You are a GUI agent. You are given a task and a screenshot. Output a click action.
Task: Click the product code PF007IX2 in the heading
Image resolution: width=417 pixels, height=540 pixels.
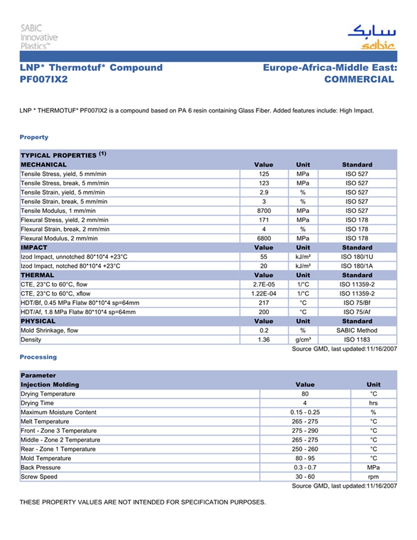(x=43, y=79)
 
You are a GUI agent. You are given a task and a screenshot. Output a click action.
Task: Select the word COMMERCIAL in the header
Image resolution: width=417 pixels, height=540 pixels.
(x=359, y=79)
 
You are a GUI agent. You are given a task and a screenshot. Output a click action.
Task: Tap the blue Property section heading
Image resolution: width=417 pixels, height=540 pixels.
(x=34, y=137)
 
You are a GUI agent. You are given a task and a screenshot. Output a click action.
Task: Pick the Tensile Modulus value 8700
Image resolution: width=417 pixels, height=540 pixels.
(x=263, y=211)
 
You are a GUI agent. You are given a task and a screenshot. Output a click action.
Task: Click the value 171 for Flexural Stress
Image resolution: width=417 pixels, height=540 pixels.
(x=263, y=220)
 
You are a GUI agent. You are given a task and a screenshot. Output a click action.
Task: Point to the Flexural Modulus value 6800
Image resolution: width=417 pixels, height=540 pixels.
(x=263, y=238)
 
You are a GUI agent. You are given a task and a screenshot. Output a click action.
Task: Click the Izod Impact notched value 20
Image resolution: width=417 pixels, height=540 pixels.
(x=263, y=266)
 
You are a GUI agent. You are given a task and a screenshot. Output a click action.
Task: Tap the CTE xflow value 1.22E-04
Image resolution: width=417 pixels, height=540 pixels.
(x=263, y=294)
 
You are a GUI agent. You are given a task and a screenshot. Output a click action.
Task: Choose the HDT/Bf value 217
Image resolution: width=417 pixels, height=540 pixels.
(x=263, y=303)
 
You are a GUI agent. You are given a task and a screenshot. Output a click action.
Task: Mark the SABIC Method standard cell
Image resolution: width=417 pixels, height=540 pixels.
(x=357, y=330)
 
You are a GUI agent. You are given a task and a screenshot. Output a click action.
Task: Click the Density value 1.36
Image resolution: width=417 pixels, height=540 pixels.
(x=263, y=340)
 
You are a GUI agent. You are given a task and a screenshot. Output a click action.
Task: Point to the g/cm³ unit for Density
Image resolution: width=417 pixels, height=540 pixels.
(x=303, y=340)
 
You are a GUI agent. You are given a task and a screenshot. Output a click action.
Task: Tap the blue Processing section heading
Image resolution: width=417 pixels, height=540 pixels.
(x=38, y=357)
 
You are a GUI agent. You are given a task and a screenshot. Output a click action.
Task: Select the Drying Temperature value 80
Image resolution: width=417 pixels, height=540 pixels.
(x=305, y=394)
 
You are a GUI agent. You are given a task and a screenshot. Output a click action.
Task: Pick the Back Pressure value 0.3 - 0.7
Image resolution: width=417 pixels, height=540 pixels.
(x=305, y=467)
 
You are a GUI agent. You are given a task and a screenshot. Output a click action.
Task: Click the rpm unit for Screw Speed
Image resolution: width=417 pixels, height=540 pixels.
(x=374, y=477)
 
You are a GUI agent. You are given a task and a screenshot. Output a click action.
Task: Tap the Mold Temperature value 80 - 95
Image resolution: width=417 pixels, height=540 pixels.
(x=305, y=458)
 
